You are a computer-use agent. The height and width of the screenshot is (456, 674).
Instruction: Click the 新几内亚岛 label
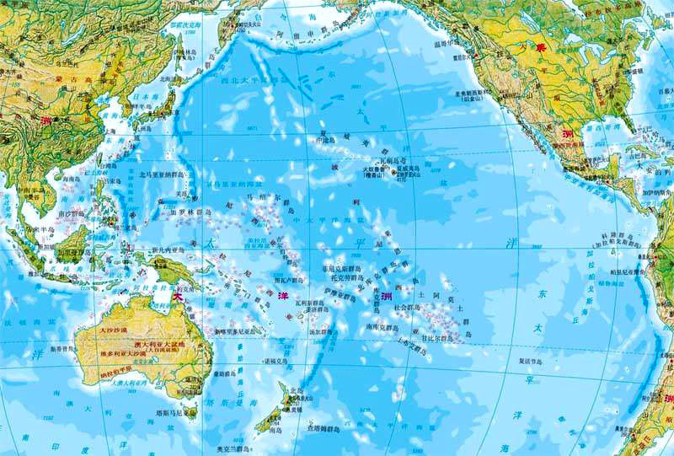(168, 250)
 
